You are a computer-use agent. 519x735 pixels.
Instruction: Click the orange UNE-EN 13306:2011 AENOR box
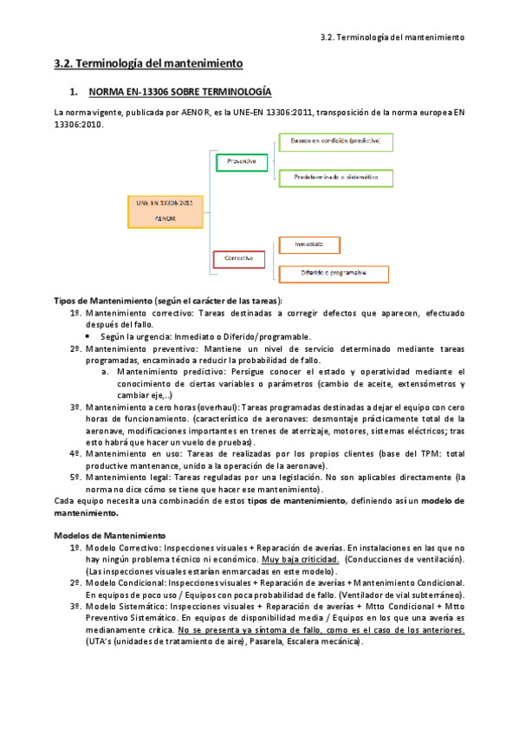[x=165, y=211]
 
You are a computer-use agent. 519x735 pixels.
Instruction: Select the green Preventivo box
[x=241, y=160]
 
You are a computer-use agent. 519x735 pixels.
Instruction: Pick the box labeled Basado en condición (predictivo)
[x=334, y=140]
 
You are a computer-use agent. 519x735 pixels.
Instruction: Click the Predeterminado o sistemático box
[x=334, y=177]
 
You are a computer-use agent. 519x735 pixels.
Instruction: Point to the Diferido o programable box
[x=333, y=274]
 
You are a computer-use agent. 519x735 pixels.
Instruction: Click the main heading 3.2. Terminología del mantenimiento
[x=148, y=64]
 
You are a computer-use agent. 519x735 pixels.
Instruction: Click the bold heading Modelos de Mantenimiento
[x=110, y=536]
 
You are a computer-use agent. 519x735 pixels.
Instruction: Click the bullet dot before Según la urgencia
[x=90, y=336]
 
